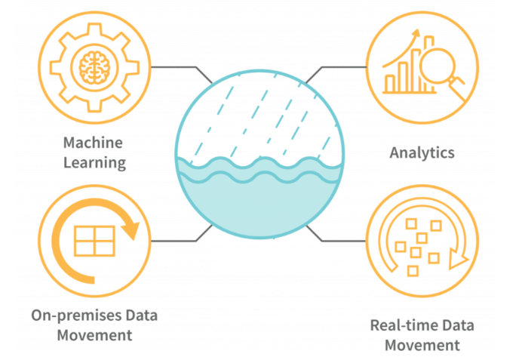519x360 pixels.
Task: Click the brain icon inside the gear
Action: [x=94, y=68]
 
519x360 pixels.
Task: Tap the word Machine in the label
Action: [x=93, y=143]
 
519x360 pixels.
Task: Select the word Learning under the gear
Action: [x=94, y=163]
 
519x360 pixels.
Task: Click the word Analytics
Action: [x=422, y=153]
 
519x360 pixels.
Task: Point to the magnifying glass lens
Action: [x=437, y=65]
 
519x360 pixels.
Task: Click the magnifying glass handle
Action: [x=459, y=88]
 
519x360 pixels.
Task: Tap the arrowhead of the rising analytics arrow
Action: [x=416, y=34]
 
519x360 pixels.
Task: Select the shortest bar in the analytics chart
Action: [x=390, y=84]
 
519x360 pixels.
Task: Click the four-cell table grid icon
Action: [x=94, y=241]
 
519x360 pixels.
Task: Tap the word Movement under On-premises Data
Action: [x=94, y=336]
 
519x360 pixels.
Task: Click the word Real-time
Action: [x=401, y=325]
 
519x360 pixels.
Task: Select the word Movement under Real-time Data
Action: [x=422, y=346]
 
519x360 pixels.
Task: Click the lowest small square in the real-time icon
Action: [x=413, y=271]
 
